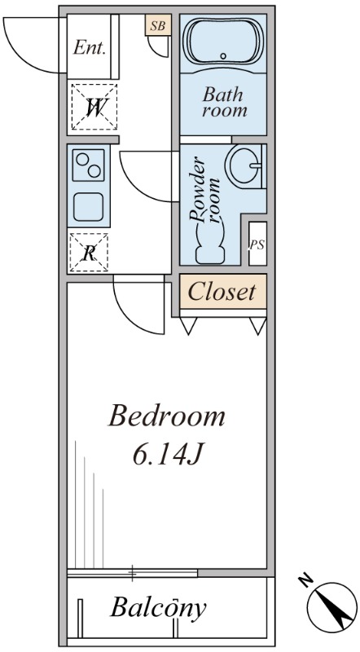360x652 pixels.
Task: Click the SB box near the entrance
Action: click(157, 25)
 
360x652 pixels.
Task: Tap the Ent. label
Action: click(89, 47)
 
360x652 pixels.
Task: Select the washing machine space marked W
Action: click(94, 107)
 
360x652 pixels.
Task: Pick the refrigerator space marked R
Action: click(89, 253)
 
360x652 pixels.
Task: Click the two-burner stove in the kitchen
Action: click(89, 165)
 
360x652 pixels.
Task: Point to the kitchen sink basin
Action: click(88, 207)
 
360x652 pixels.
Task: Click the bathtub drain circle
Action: click(223, 55)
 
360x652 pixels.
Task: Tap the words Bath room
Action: click(225, 102)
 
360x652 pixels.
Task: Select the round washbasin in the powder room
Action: click(244, 165)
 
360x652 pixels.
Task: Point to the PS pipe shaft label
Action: click(257, 245)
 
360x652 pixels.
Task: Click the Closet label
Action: click(222, 292)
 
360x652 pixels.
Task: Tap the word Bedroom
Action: click(167, 416)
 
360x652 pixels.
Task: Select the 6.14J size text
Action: click(167, 455)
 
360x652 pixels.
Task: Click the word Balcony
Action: click(158, 608)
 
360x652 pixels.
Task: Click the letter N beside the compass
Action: click(305, 580)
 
